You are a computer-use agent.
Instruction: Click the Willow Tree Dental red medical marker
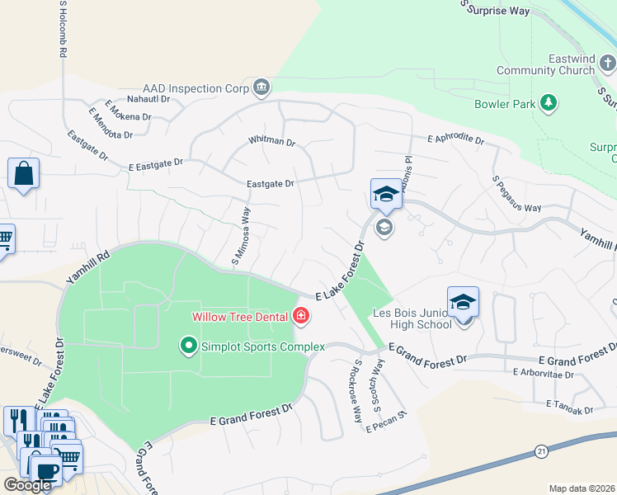pyautogui.click(x=301, y=315)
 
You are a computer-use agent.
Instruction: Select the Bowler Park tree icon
pyautogui.click(x=547, y=103)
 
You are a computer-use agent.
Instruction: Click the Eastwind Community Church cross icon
pyautogui.click(x=607, y=63)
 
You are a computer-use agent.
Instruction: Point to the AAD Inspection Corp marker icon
pyautogui.click(x=261, y=87)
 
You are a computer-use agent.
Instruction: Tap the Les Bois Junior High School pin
pyautogui.click(x=463, y=303)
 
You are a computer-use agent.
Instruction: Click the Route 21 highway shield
pyautogui.click(x=541, y=450)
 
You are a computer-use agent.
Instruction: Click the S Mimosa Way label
pyautogui.click(x=241, y=236)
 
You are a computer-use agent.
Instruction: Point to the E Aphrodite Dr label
pyautogui.click(x=455, y=139)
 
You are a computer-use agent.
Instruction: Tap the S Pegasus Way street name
pyautogui.click(x=516, y=193)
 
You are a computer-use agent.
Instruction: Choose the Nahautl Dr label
pyautogui.click(x=147, y=98)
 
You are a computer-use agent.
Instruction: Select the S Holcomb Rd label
pyautogui.click(x=62, y=28)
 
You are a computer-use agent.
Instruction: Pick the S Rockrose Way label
pyautogui.click(x=358, y=391)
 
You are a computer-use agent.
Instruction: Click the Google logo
pyautogui.click(x=27, y=484)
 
